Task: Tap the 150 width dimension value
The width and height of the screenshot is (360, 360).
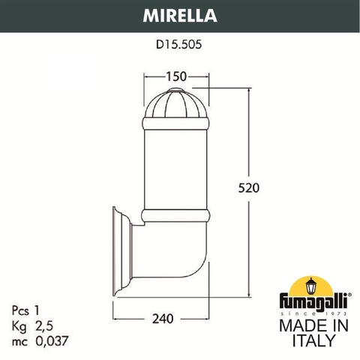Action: [176, 76]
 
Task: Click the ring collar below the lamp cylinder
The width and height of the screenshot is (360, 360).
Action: [177, 216]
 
